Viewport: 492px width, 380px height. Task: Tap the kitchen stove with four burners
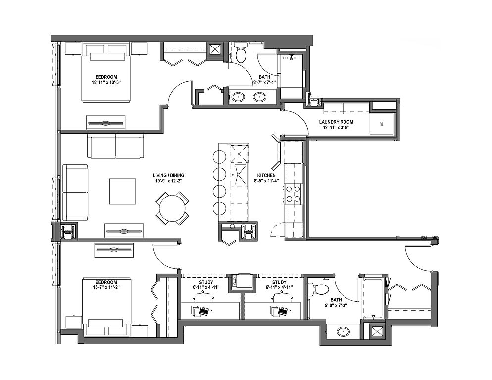[293, 193]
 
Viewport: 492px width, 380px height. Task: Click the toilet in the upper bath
[241, 53]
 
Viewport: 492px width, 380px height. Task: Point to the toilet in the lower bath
[318, 288]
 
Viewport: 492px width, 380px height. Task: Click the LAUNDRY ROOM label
[336, 122]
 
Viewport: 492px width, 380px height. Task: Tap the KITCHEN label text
[266, 175]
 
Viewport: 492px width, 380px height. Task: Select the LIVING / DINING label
[168, 175]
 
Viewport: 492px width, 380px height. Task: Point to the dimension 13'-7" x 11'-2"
[106, 287]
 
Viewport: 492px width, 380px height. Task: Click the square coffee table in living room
[123, 191]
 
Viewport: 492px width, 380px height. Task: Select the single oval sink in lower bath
[344, 331]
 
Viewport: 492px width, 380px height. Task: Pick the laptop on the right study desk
[283, 312]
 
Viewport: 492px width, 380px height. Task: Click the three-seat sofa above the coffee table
[115, 146]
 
